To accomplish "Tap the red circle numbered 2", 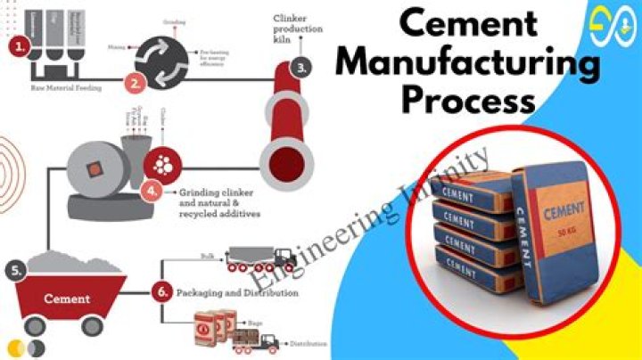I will click(136, 85).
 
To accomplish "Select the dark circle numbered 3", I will click(304, 65).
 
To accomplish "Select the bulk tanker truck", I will click(261, 258).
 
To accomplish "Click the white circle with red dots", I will click(164, 165).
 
